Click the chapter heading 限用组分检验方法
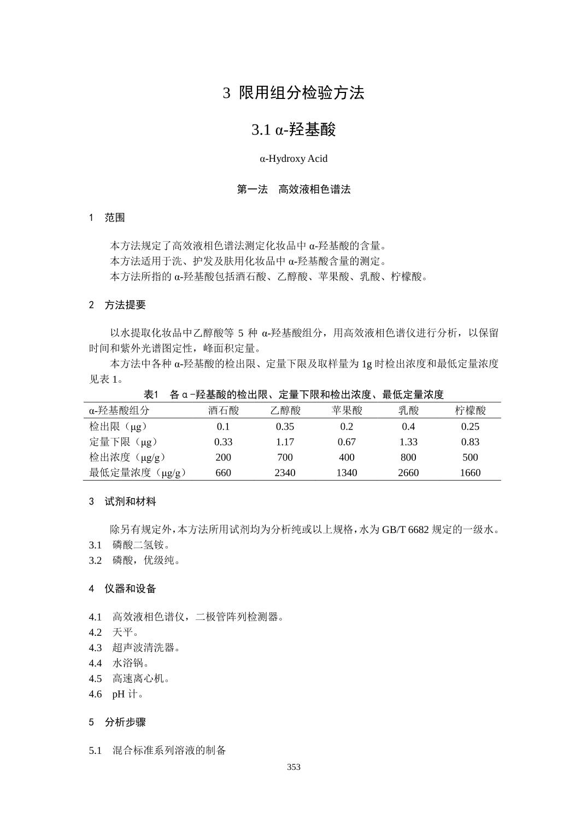(x=301, y=93)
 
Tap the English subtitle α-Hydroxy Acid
(x=293, y=159)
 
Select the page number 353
(x=293, y=767)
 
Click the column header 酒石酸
(x=224, y=410)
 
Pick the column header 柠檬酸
(x=470, y=410)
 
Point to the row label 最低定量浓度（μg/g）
(x=138, y=473)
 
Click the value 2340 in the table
(x=285, y=473)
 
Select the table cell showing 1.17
(x=285, y=442)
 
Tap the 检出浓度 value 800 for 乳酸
(x=408, y=458)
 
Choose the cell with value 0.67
(x=347, y=442)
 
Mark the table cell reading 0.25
(x=470, y=426)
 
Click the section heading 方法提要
(x=125, y=305)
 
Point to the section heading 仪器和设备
(x=130, y=589)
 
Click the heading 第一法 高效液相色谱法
(x=293, y=190)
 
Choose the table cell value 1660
(x=470, y=473)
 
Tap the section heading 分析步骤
(x=125, y=722)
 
